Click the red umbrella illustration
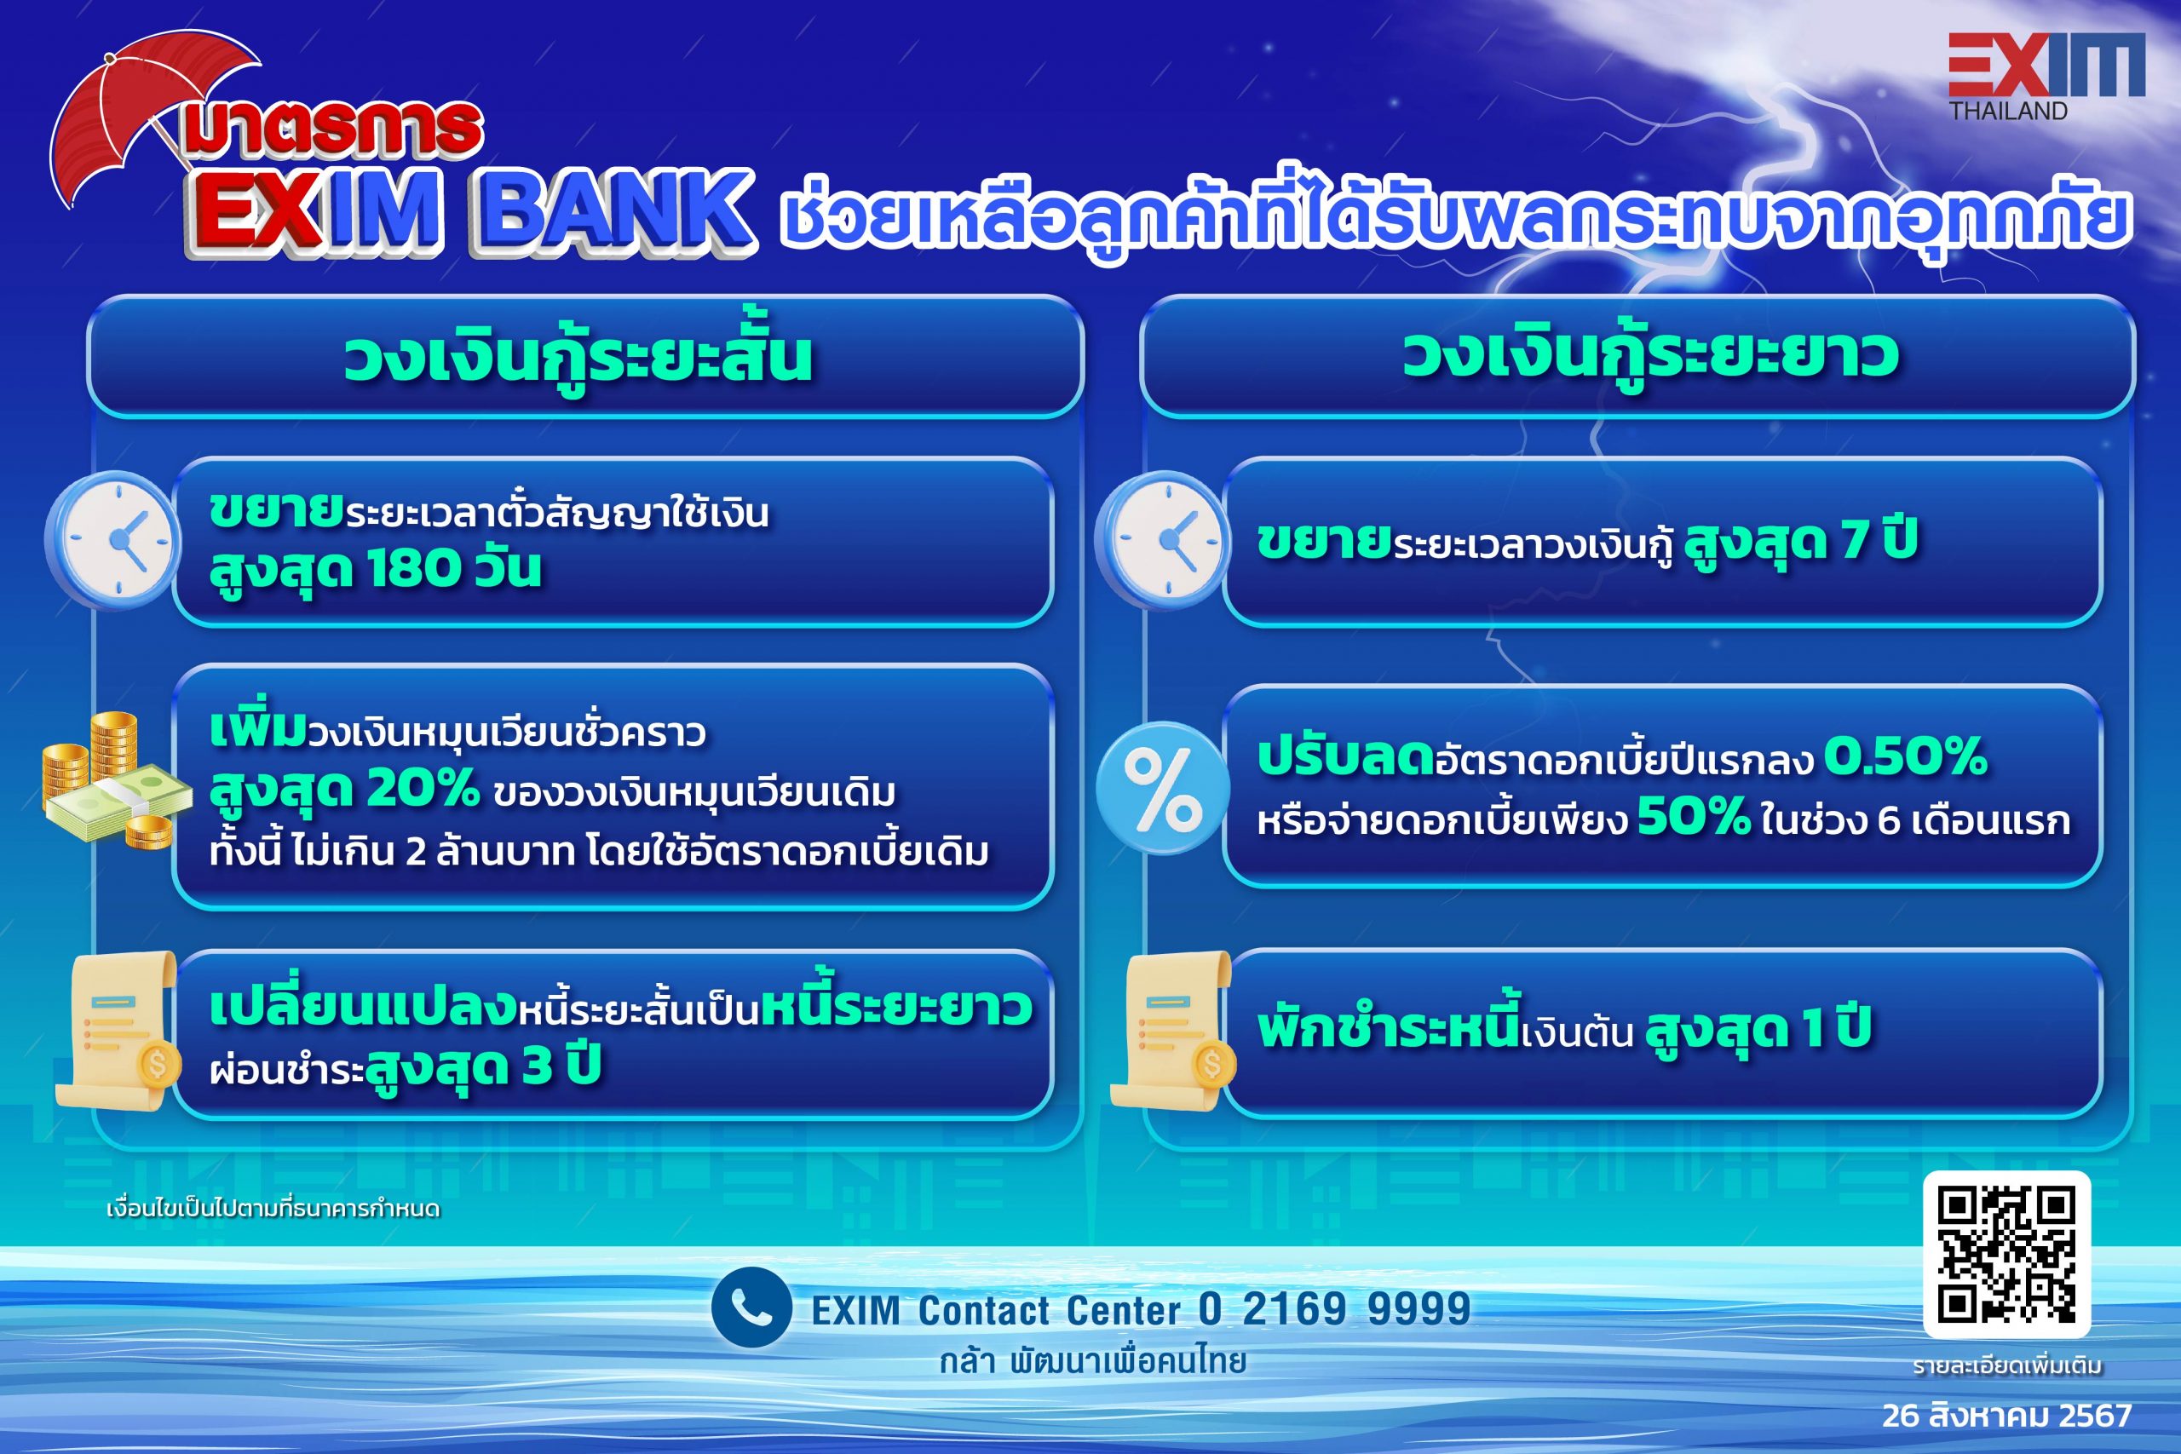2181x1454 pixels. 139,112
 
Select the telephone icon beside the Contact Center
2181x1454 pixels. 751,1307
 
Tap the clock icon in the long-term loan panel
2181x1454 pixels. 1163,541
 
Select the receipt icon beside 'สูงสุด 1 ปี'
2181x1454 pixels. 1174,1029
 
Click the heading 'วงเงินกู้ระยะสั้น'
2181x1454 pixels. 577,358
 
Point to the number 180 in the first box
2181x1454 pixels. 413,567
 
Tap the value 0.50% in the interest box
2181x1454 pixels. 1906,756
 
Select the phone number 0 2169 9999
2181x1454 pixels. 1334,1308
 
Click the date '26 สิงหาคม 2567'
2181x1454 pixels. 2006,1416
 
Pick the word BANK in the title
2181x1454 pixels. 612,211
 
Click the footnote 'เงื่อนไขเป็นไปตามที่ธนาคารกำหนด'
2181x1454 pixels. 273,1210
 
